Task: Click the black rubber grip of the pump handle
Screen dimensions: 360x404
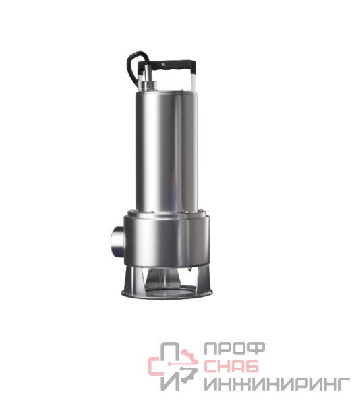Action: pos(167,65)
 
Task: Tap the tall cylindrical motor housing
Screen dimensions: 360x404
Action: pos(167,151)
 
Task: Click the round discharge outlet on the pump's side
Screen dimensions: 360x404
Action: pos(118,240)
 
